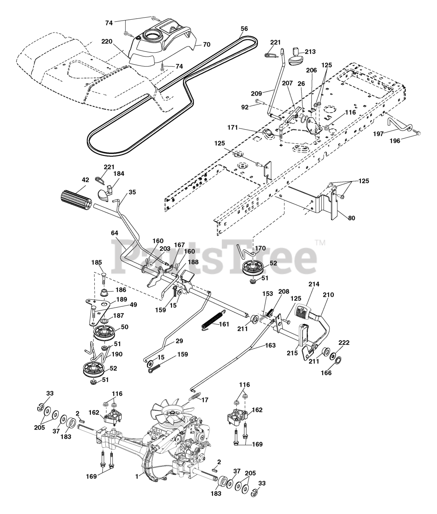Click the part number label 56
click(x=244, y=29)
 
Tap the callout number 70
click(x=206, y=45)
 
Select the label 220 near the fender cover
click(x=96, y=41)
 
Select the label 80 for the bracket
click(x=351, y=218)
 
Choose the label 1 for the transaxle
click(x=137, y=476)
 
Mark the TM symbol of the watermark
click(x=321, y=242)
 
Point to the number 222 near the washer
click(x=344, y=343)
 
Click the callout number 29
click(x=179, y=341)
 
